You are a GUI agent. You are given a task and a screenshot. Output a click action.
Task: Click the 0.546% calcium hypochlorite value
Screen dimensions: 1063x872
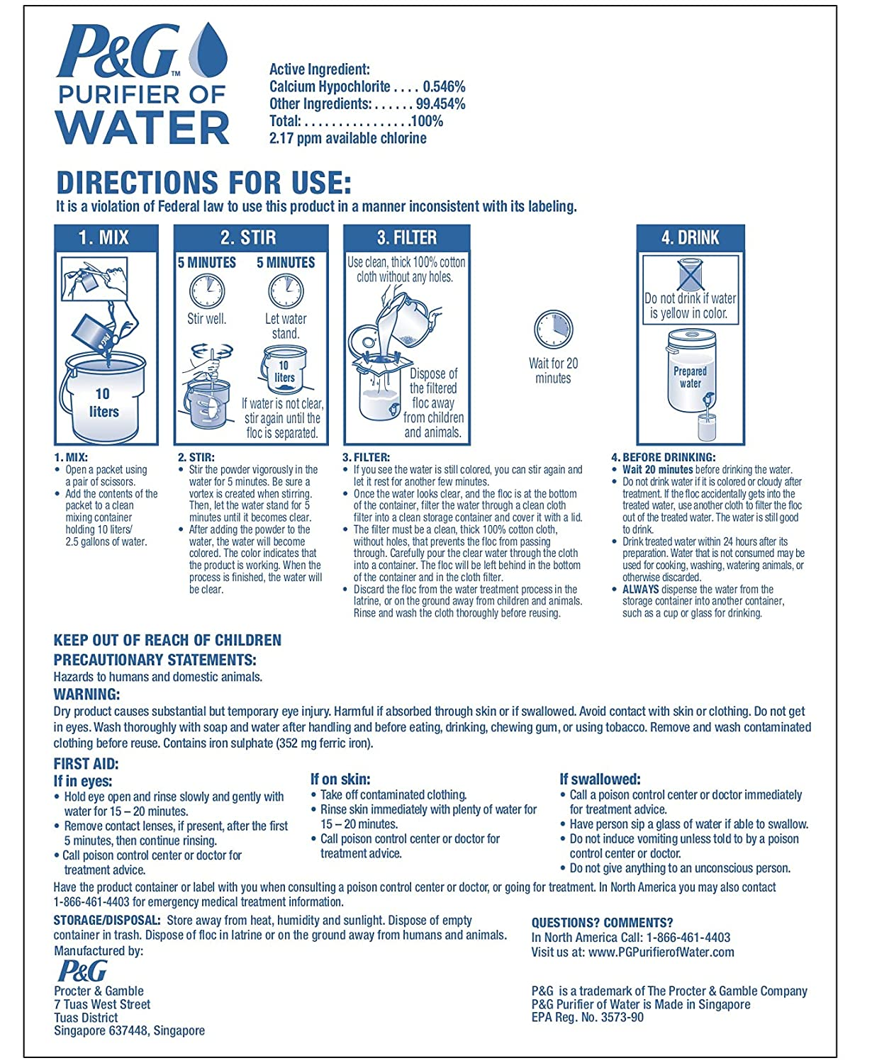[x=444, y=86]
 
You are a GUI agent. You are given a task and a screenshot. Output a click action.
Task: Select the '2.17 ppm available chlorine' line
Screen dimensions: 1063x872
[x=347, y=138]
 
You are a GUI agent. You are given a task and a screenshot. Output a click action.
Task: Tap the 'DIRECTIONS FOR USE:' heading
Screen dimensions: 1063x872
[x=203, y=183]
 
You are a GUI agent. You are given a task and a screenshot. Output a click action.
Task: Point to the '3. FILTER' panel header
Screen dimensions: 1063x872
[x=407, y=237]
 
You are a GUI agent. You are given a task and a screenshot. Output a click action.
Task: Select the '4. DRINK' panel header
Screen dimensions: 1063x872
[x=690, y=237]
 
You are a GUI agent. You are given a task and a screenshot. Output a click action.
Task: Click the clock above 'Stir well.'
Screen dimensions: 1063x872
[x=207, y=291]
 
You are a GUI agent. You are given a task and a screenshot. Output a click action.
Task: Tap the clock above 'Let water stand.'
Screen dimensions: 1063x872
[x=286, y=291]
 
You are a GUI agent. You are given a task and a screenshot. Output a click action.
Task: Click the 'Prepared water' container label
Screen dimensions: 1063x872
[x=690, y=377]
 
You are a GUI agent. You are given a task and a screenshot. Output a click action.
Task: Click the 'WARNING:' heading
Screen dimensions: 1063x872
[x=86, y=694]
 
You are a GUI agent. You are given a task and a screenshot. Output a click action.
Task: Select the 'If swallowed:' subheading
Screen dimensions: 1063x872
[x=600, y=779]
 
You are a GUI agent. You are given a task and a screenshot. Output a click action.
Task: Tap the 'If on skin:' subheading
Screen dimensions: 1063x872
[x=340, y=779]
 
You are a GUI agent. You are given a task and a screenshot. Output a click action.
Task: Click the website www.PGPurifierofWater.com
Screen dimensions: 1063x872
[x=661, y=952]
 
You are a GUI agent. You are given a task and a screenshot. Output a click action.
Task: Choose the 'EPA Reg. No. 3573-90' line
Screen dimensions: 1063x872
[x=588, y=1017]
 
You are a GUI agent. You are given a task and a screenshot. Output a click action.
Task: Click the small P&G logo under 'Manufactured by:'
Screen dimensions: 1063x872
[x=82, y=971]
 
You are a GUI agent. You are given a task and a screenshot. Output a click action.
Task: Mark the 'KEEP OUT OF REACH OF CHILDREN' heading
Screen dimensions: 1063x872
[x=167, y=641]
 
